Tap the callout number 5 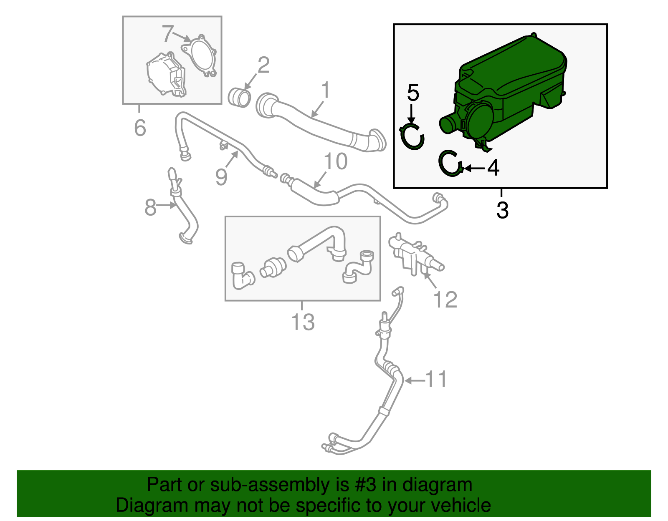tap(412, 93)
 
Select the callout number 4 tap(493, 168)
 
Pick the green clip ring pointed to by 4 tap(450, 163)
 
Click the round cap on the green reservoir tap(480, 121)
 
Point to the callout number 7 tap(167, 34)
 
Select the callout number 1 tap(325, 90)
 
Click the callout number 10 tap(335, 162)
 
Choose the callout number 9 tap(222, 177)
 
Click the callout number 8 tap(150, 207)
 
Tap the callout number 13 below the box tap(303, 322)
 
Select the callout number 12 tap(445, 300)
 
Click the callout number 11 tap(436, 379)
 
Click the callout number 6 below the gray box tap(140, 128)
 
